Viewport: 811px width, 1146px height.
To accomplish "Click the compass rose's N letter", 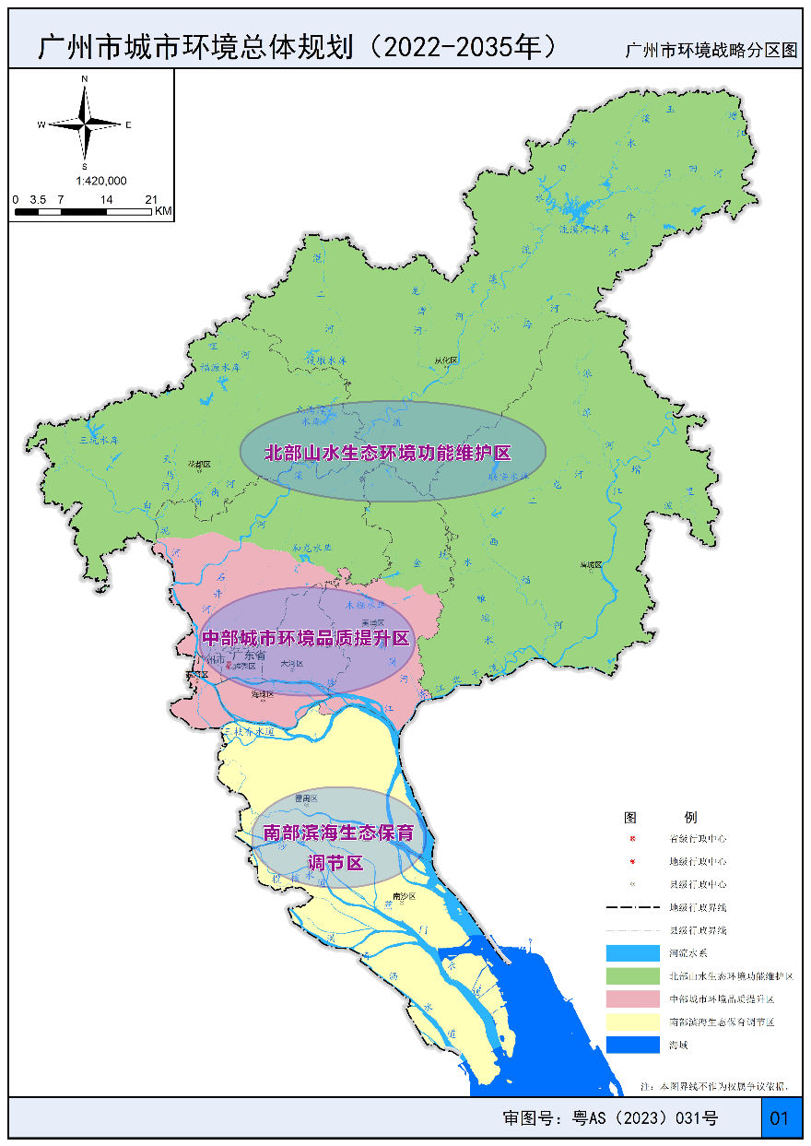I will [85, 80].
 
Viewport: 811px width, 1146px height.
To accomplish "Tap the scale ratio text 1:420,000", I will [100, 181].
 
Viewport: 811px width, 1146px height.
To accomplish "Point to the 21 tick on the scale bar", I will [151, 199].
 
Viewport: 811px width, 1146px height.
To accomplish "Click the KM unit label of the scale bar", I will [163, 212].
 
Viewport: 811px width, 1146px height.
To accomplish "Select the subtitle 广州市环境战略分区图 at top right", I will [710, 51].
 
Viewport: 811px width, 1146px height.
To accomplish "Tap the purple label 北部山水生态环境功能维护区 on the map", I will [388, 453].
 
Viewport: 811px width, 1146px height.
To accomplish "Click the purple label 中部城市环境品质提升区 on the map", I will [305, 638].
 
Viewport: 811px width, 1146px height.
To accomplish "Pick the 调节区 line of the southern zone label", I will [335, 863].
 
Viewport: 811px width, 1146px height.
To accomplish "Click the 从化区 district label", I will [445, 360].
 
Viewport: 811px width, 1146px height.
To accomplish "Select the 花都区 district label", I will [200, 465].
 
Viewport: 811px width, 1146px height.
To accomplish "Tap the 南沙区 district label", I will [405, 895].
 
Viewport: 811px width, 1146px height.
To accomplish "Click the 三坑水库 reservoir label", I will [99, 441].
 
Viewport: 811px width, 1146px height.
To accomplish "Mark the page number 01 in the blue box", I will [779, 1118].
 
